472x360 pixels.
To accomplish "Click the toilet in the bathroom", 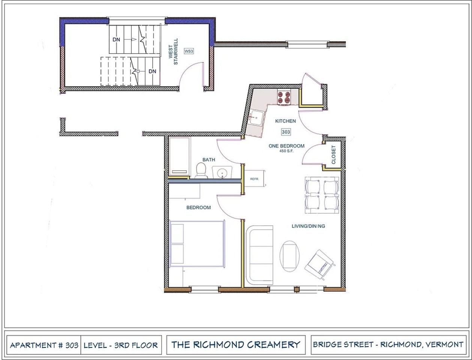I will click(x=201, y=171).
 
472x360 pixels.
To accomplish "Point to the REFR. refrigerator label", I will click(x=255, y=179).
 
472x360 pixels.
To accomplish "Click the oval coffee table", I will click(x=290, y=255).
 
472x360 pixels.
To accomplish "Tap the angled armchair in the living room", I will click(x=320, y=265).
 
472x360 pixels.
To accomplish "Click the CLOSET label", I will click(x=334, y=155).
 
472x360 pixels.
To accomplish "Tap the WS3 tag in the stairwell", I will click(x=189, y=51).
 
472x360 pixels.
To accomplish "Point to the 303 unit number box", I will click(x=286, y=132).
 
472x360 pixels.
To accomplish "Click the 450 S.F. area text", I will click(x=286, y=151).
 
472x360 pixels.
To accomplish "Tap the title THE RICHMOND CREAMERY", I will click(x=236, y=345).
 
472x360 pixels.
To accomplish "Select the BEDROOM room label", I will click(x=198, y=207).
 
